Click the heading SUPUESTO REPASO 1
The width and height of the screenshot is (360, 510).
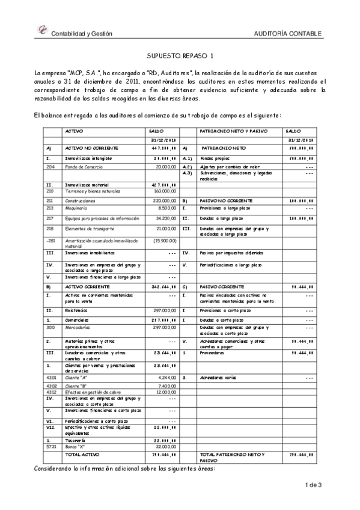point(180,55)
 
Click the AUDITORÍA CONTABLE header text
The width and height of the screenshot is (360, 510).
point(288,34)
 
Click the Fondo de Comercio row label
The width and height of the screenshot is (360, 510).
point(83,166)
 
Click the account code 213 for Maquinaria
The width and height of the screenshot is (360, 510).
point(50,208)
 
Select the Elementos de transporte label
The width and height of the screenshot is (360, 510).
point(90,229)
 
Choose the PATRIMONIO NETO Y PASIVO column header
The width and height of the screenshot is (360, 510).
point(234,131)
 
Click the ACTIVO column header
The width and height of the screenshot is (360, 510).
point(74,131)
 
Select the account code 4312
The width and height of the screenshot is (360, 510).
point(51,392)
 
